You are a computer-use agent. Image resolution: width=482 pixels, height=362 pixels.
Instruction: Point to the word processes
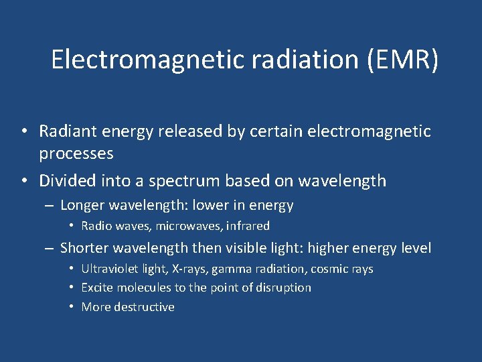(x=76, y=154)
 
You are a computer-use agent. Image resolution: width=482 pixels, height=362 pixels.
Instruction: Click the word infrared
(x=248, y=226)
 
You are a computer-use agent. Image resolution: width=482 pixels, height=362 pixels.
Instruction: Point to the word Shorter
(x=85, y=248)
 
